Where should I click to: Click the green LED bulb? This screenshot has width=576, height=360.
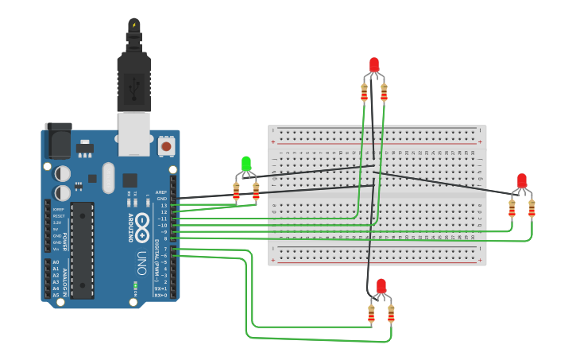tap(245, 165)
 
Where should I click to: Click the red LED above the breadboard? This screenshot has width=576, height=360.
tap(374, 65)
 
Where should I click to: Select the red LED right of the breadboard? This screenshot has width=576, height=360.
tap(521, 181)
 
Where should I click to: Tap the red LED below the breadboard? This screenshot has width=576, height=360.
tap(381, 286)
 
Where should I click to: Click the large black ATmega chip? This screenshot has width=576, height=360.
tap(82, 250)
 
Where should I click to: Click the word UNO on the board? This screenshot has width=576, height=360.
tap(141, 263)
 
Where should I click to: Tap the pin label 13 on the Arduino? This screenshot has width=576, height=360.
tap(164, 206)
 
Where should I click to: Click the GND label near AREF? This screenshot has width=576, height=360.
tap(162, 199)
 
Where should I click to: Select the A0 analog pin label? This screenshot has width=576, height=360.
tap(56, 262)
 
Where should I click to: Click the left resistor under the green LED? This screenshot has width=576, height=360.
tap(236, 191)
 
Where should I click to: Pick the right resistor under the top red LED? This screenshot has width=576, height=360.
tap(384, 93)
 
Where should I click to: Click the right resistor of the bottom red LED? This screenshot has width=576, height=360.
tap(391, 314)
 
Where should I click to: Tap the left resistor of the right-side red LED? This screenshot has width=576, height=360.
tap(512, 209)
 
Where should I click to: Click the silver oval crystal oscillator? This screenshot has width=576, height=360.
tap(108, 178)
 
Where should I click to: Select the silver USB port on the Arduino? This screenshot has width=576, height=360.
tap(133, 132)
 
